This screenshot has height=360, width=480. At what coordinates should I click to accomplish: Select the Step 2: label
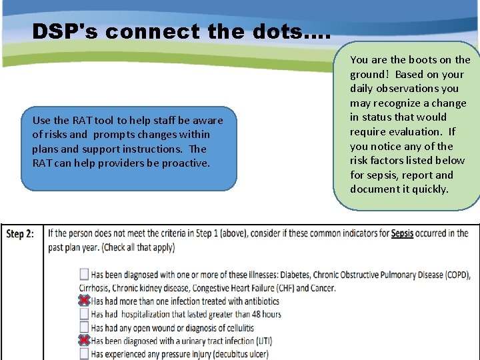click(x=24, y=234)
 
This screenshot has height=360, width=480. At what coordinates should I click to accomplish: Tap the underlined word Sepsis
click(x=402, y=233)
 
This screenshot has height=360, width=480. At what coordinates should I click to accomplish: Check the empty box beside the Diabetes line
click(x=84, y=274)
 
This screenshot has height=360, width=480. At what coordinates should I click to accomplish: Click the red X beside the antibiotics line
click(x=84, y=301)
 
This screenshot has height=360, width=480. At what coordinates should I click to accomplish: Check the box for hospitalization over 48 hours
click(x=84, y=314)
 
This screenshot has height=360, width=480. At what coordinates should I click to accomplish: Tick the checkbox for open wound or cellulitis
click(x=84, y=327)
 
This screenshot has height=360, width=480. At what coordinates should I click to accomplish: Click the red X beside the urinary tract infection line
click(x=84, y=341)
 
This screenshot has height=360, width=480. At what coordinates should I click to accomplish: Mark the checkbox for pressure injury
click(x=84, y=354)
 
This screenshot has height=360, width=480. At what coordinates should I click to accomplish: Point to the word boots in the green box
click(x=411, y=59)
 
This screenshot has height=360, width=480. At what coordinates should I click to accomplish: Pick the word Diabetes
click(x=300, y=275)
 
